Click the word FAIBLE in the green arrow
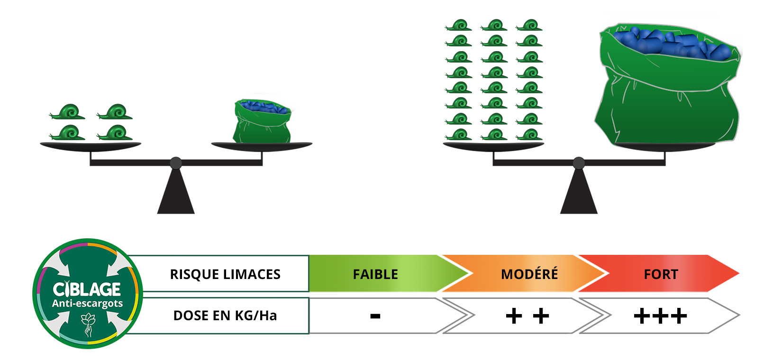(375, 274)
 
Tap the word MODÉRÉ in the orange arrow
(529, 274)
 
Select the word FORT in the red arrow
(661, 274)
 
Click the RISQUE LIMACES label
(225, 274)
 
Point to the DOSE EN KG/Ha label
(225, 315)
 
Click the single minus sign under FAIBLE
(375, 316)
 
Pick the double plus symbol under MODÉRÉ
(527, 316)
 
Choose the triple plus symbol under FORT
(660, 316)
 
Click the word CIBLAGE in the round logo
(87, 289)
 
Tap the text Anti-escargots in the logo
(87, 304)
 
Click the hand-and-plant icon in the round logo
(88, 324)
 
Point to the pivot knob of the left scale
(176, 163)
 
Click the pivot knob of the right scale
(579, 163)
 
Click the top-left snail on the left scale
(68, 112)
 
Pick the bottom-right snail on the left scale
(115, 133)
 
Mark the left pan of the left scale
(90, 145)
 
